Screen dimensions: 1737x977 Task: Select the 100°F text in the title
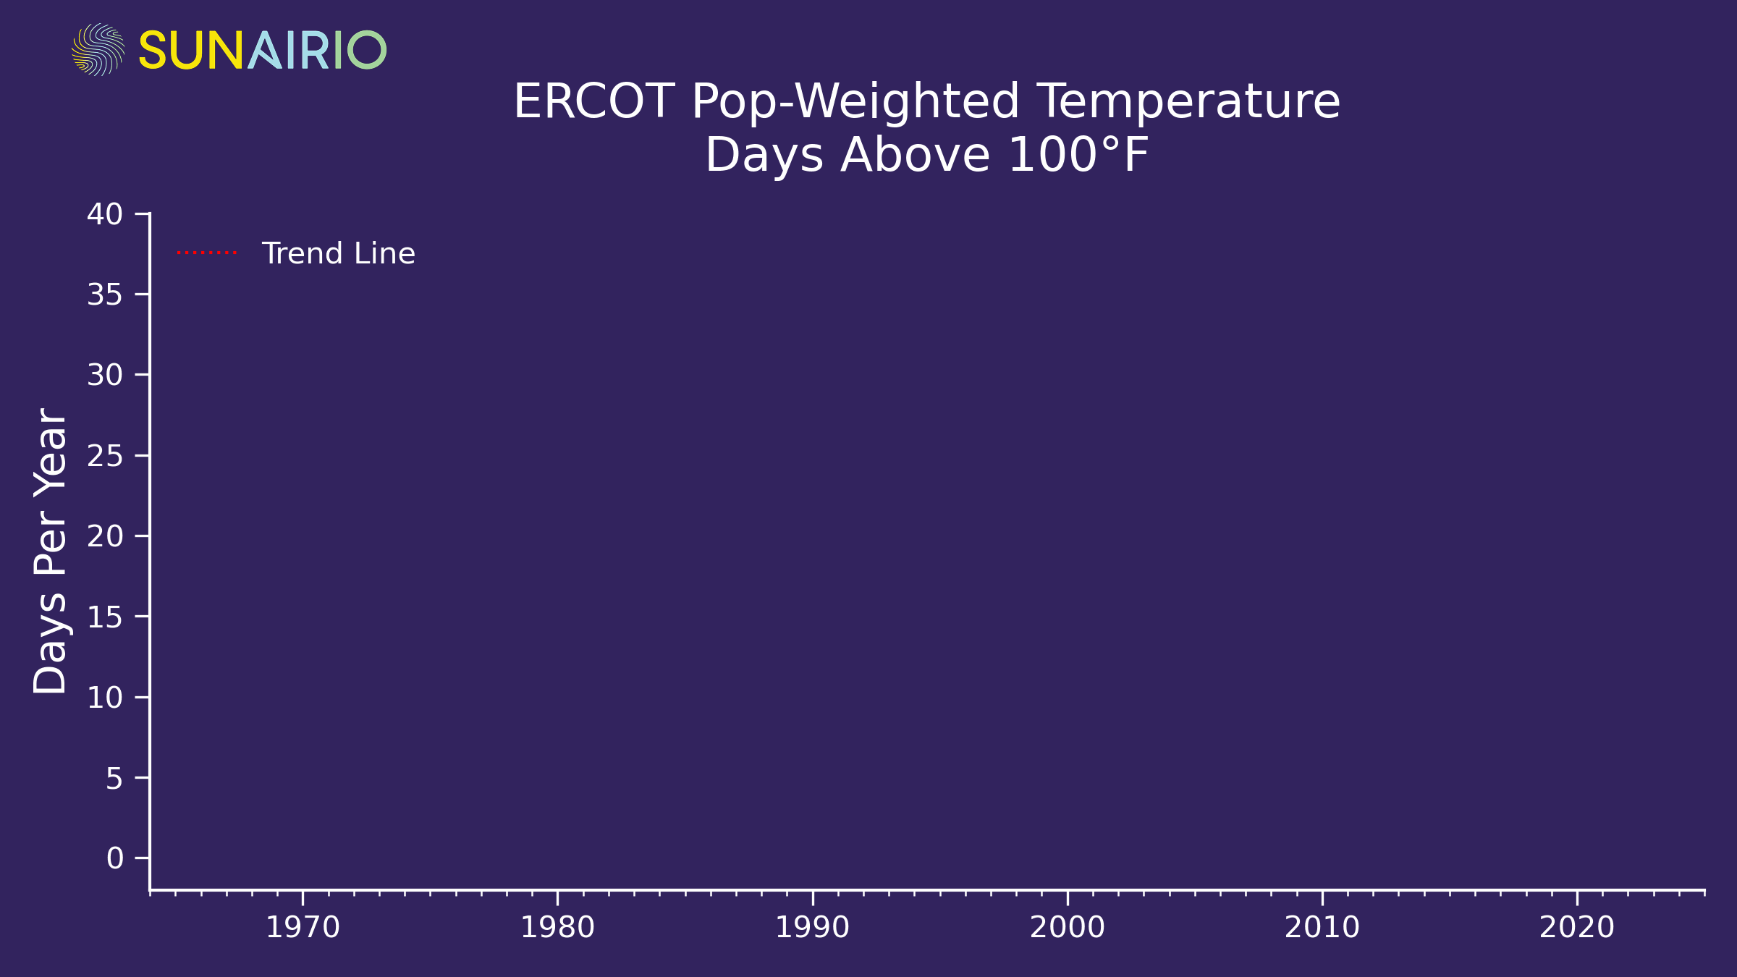pyautogui.click(x=1078, y=155)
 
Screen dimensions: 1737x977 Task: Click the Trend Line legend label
pyautogui.click(x=338, y=253)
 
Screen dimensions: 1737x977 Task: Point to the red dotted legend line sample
pyautogui.click(x=207, y=253)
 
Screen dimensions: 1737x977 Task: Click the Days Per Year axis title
pyautogui.click(x=51, y=551)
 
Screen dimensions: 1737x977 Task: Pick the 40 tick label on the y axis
pyautogui.click(x=105, y=214)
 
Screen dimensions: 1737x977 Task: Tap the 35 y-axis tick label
pyautogui.click(x=105, y=295)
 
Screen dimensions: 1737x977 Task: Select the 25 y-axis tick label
pyautogui.click(x=105, y=456)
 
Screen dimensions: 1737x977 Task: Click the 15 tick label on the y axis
pyautogui.click(x=105, y=617)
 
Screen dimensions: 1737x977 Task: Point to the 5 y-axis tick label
pyautogui.click(x=114, y=778)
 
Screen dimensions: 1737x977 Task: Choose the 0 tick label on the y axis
pyautogui.click(x=114, y=858)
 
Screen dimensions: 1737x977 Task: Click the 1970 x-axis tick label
pyautogui.click(x=303, y=928)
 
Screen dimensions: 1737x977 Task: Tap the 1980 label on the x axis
pyautogui.click(x=557, y=928)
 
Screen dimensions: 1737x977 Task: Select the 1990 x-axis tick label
pyautogui.click(x=812, y=928)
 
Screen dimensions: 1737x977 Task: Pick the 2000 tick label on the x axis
pyautogui.click(x=1068, y=928)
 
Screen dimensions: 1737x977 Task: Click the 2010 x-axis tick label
pyautogui.click(x=1322, y=928)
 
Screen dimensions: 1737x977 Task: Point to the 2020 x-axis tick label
pyautogui.click(x=1577, y=928)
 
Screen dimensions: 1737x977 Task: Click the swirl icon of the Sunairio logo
pyautogui.click(x=98, y=49)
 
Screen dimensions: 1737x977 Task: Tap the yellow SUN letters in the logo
pyautogui.click(x=191, y=50)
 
